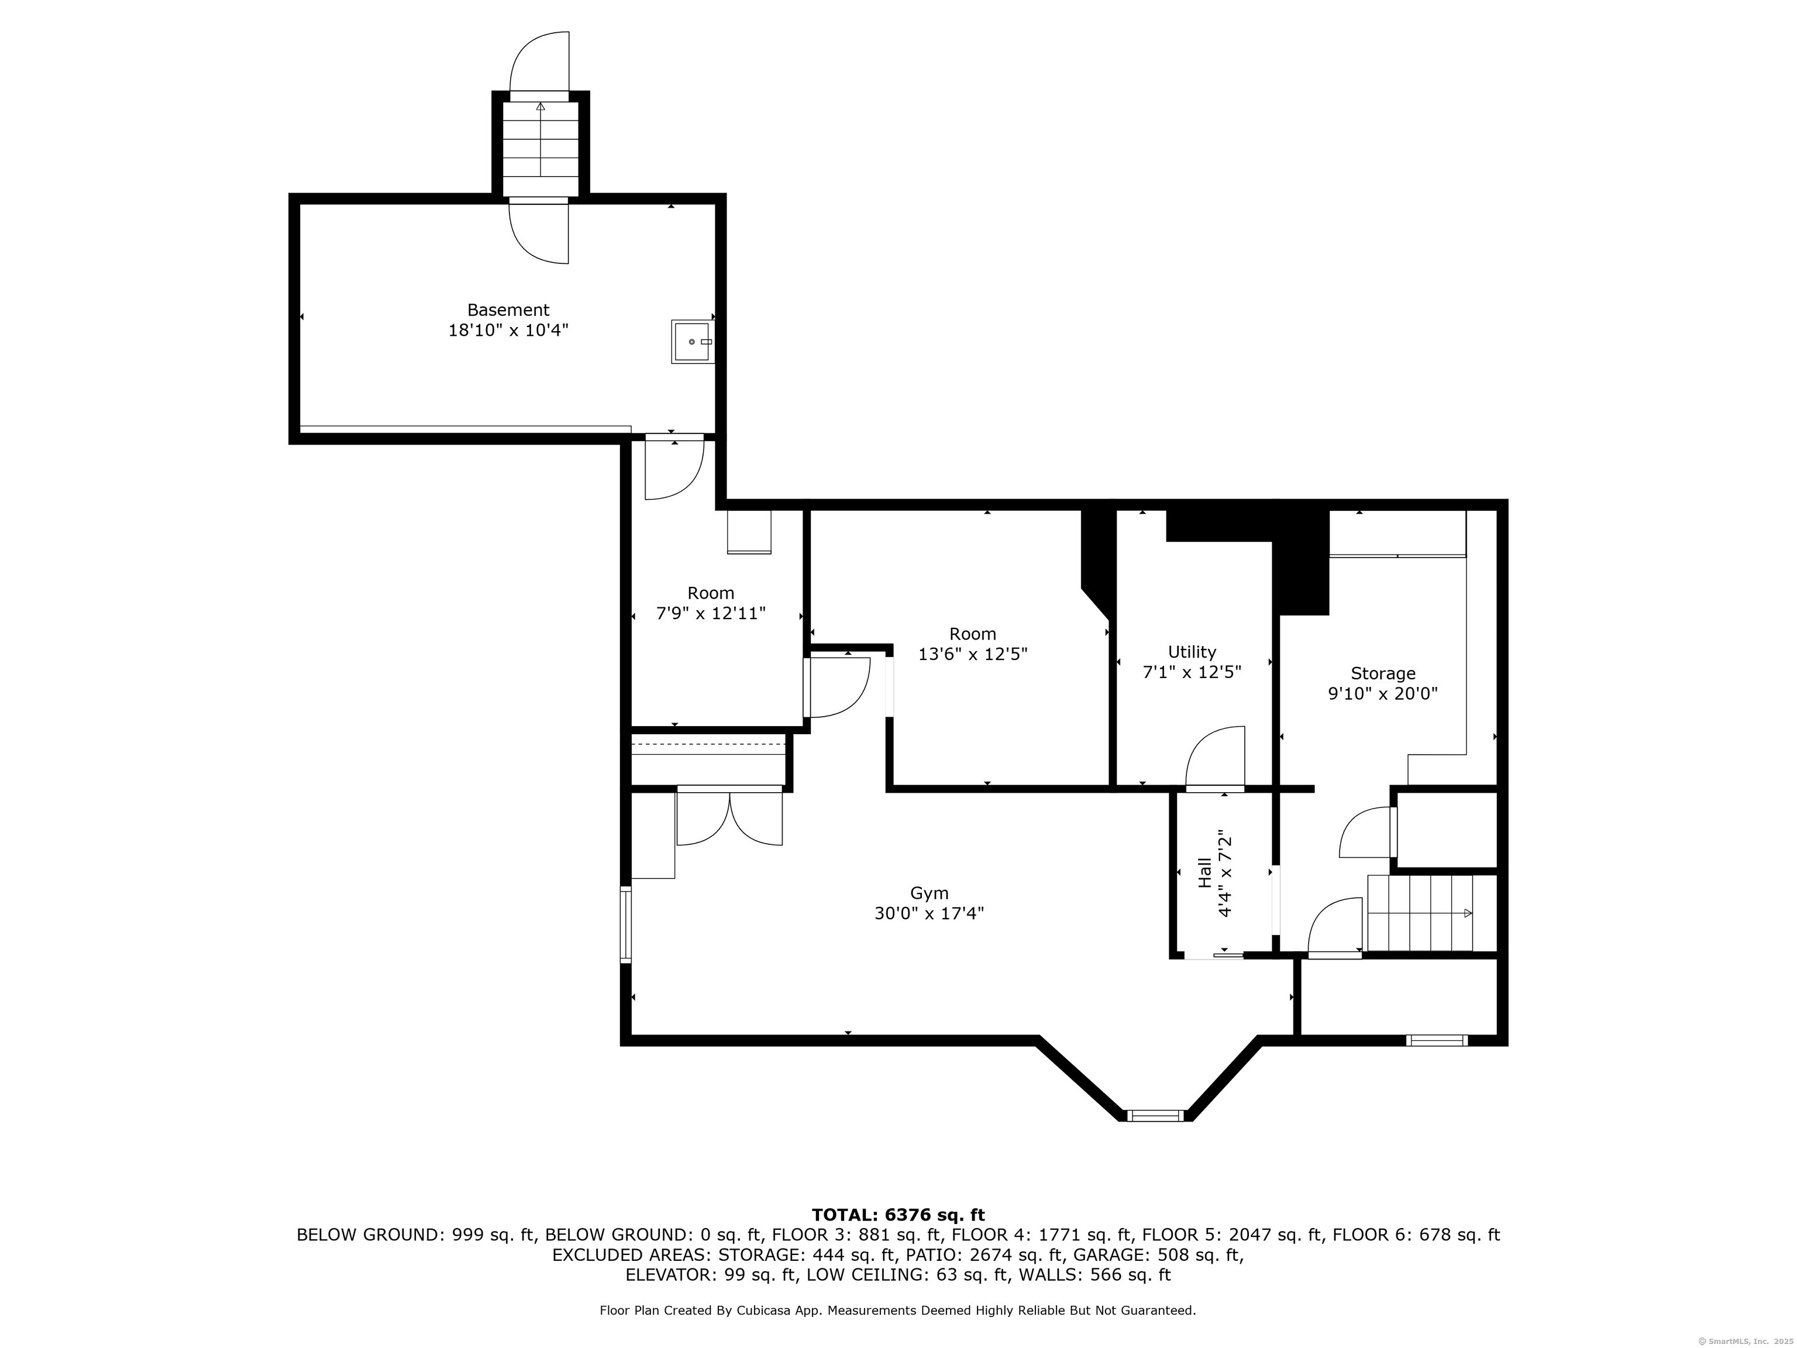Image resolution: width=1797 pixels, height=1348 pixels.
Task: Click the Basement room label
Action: click(508, 310)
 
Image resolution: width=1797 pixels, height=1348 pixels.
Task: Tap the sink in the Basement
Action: click(693, 341)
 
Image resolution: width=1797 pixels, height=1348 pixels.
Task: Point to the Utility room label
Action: click(1192, 652)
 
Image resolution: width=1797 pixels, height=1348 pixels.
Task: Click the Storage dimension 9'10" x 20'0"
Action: click(1383, 693)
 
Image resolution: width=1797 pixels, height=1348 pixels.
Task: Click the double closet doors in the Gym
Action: click(729, 817)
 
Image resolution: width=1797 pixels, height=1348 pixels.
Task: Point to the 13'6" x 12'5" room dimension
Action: click(972, 654)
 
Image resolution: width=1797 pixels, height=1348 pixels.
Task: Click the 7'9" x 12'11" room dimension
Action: click(711, 614)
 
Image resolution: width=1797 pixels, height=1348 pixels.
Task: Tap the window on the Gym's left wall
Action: click(625, 924)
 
